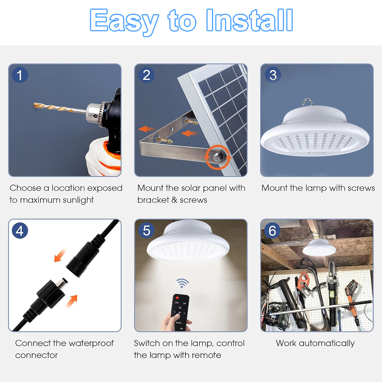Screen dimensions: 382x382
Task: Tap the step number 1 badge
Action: [x=20, y=75]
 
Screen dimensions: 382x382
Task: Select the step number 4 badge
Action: [x=20, y=230]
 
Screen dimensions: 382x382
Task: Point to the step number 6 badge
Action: [x=272, y=230]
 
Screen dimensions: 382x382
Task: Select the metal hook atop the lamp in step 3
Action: [x=308, y=102]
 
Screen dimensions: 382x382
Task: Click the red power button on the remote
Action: [x=177, y=298]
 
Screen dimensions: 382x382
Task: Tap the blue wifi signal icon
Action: [x=183, y=283]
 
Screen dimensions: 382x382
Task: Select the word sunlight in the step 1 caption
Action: [x=78, y=200]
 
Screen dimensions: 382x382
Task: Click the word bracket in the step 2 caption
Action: [x=153, y=200]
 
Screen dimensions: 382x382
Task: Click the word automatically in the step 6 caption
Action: [x=327, y=343]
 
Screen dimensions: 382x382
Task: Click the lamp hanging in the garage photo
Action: [x=319, y=247]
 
